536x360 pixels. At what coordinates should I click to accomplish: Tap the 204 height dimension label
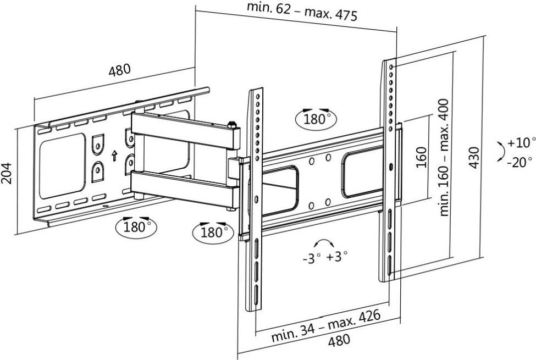(7, 173)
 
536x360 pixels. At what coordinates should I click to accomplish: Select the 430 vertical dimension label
(474, 157)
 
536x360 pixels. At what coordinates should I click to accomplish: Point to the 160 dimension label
(422, 157)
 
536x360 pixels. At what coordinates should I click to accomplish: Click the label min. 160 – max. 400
(444, 157)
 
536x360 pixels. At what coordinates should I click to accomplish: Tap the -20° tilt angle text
(520, 162)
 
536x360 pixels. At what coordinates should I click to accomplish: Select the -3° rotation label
(311, 258)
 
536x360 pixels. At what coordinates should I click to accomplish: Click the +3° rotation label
(336, 256)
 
